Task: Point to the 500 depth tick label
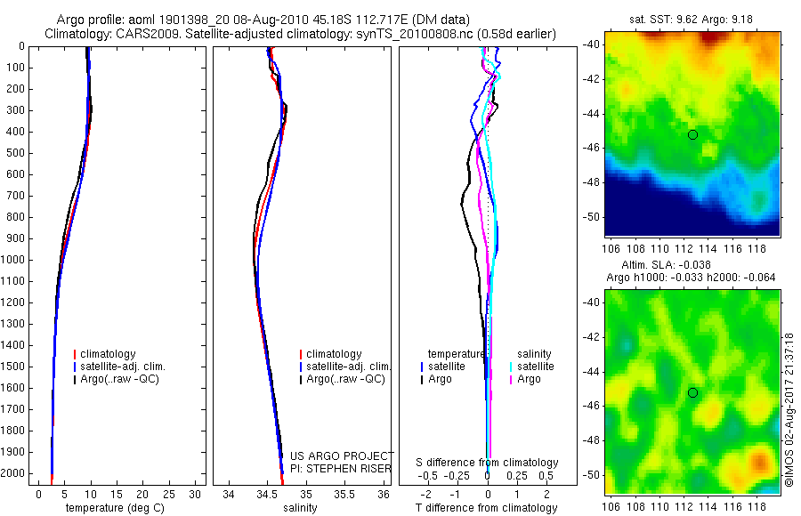coord(14,153)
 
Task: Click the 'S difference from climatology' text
coord(488,463)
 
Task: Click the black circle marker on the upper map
coord(692,134)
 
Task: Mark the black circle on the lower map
coord(692,392)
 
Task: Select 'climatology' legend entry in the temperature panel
coord(111,354)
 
